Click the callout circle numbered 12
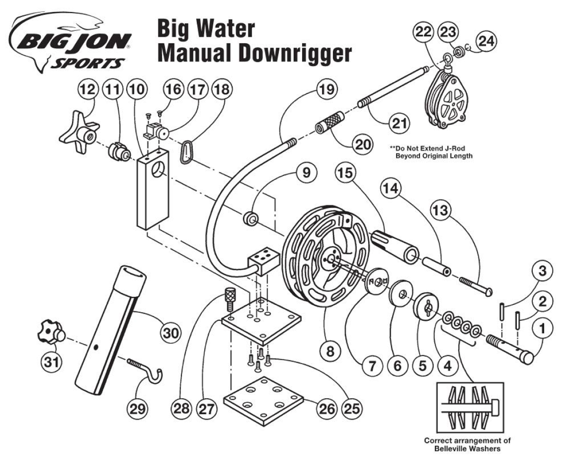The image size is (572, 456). (88, 90)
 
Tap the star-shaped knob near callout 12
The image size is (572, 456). (77, 127)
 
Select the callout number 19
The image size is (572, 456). (326, 90)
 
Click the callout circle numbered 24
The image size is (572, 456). (486, 41)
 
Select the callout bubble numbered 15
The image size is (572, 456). (346, 173)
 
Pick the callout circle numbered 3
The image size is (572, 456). (543, 271)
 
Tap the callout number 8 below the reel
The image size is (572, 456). (330, 351)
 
